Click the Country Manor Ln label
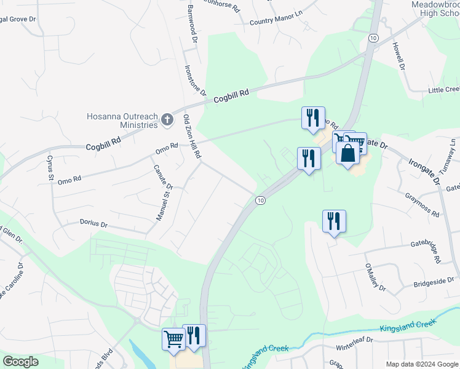click(277, 22)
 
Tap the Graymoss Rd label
click(422, 205)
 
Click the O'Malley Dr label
click(375, 278)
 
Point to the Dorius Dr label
click(93, 223)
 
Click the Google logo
click(20, 362)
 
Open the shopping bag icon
click(347, 154)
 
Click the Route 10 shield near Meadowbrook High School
click(373, 38)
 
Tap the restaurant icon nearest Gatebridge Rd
click(334, 221)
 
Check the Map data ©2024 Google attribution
click(421, 364)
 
